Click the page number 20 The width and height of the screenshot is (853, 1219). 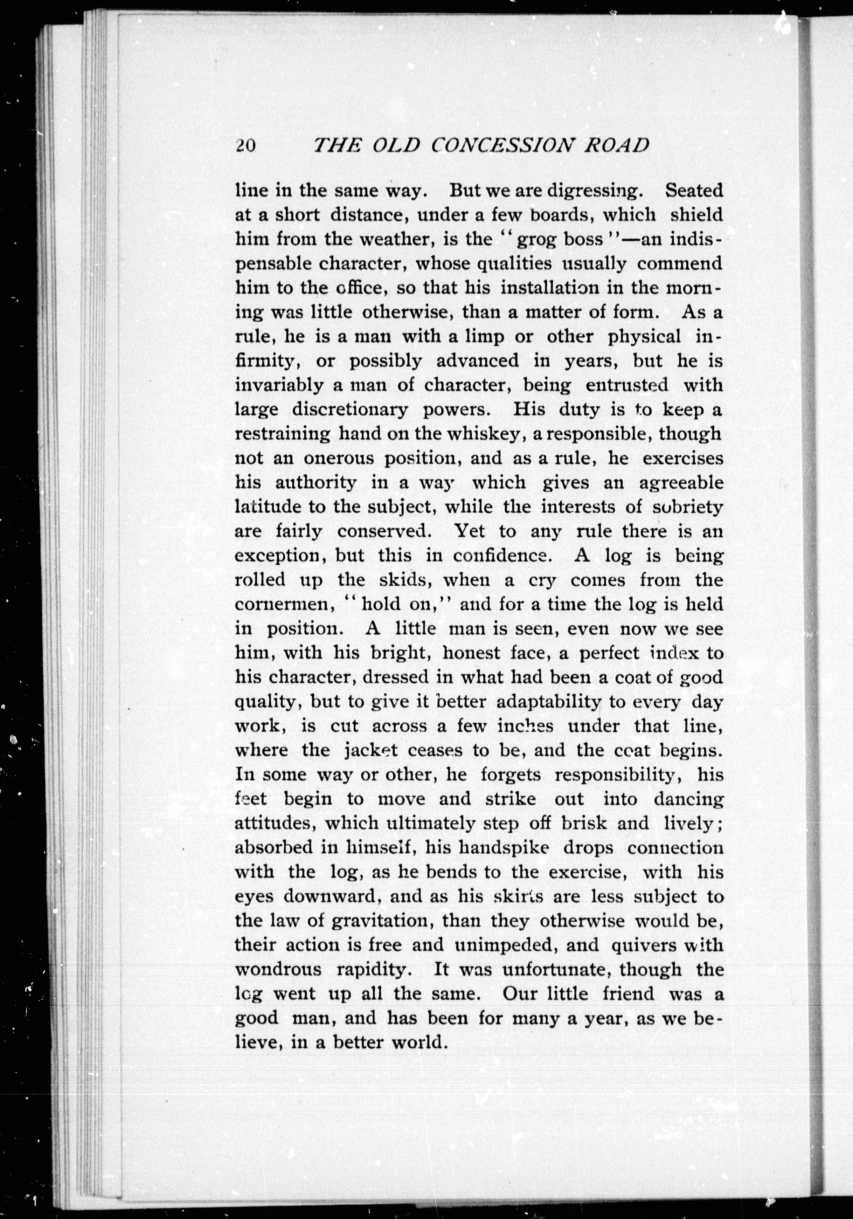tap(246, 145)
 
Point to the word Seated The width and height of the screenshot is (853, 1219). tap(694, 190)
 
